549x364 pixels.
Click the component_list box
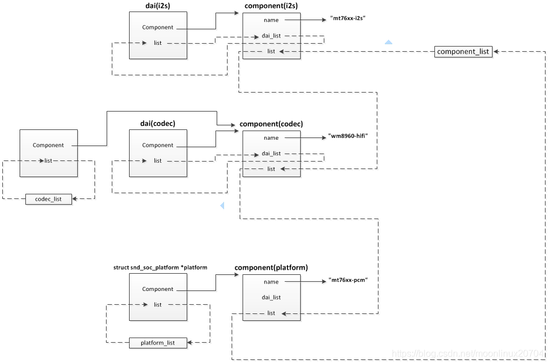[463, 52]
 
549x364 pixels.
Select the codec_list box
[49, 199]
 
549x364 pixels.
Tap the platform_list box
[158, 343]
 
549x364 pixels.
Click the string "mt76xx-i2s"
[348, 19]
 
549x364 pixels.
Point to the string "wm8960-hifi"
[347, 136]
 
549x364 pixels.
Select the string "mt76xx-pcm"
[347, 281]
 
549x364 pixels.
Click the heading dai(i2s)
[157, 6]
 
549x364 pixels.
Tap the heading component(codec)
[271, 124]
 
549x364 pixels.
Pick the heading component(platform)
[271, 268]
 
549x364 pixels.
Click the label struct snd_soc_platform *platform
[160, 268]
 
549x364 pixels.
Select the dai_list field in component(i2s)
[271, 36]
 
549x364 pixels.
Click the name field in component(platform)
[271, 282]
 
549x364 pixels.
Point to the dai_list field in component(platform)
[271, 297]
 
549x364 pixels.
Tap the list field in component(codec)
[271, 169]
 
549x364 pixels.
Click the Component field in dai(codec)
[157, 145]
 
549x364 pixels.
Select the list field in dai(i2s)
[157, 43]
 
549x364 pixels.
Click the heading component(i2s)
[271, 6]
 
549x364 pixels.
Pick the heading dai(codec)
[157, 124]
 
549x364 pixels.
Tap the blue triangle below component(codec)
[222, 205]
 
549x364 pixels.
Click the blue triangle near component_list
[388, 42]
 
